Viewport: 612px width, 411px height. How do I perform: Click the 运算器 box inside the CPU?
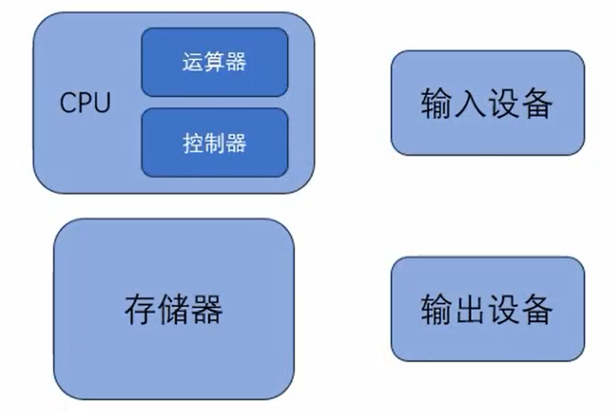[x=214, y=63]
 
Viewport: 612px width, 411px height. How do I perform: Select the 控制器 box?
[x=214, y=143]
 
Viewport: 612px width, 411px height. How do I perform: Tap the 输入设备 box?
[x=487, y=103]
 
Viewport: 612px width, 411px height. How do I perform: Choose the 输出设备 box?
[x=487, y=309]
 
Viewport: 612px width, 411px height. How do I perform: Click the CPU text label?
[x=85, y=103]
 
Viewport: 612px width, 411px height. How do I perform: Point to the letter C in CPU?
[x=68, y=103]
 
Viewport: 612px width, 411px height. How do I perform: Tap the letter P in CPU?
[x=85, y=103]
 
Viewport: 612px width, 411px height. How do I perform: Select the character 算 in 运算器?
[x=214, y=63]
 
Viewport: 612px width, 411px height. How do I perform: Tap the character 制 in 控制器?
[x=214, y=143]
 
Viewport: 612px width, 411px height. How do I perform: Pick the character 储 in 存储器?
[x=173, y=309]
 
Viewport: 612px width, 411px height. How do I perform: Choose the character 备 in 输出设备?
[x=537, y=309]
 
